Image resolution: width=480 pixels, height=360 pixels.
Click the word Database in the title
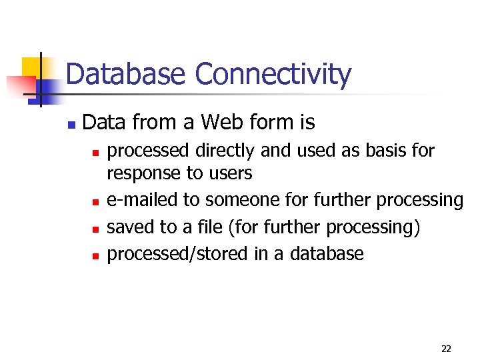126,75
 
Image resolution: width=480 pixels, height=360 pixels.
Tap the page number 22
446,348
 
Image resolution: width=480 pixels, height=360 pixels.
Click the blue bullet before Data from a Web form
71,125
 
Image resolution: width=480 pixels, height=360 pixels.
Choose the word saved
131,227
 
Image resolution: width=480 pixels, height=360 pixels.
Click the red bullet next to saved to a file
95,229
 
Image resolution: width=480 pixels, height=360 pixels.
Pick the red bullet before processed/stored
95,255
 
